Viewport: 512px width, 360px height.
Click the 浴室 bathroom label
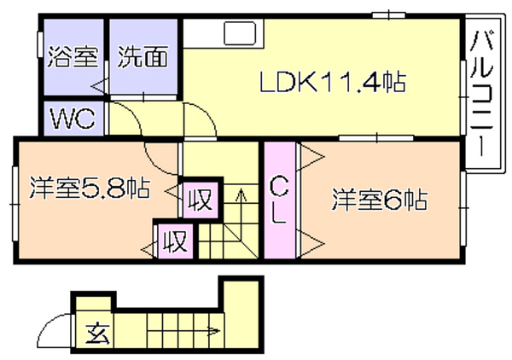coord(73,57)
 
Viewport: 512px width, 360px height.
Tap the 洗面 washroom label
coord(143,57)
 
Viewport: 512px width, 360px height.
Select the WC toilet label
coord(73,118)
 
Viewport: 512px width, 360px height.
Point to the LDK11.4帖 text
coord(333,82)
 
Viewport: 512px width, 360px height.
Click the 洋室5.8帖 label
coord(90,189)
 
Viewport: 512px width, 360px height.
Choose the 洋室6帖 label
coord(380,200)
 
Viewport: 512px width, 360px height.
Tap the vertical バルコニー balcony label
coord(481,94)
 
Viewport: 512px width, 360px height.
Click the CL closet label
coord(279,200)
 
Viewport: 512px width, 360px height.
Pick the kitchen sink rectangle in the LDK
coord(240,33)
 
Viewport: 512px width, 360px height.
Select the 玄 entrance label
coord(97,334)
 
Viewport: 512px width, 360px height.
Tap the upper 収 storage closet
coord(201,200)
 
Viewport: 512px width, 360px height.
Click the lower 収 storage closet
coord(176,241)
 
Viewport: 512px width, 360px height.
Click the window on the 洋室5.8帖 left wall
coord(15,204)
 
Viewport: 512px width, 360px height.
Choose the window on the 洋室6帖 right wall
coord(463,208)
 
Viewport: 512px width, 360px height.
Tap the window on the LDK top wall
coord(389,15)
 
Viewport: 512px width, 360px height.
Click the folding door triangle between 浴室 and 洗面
coord(100,86)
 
